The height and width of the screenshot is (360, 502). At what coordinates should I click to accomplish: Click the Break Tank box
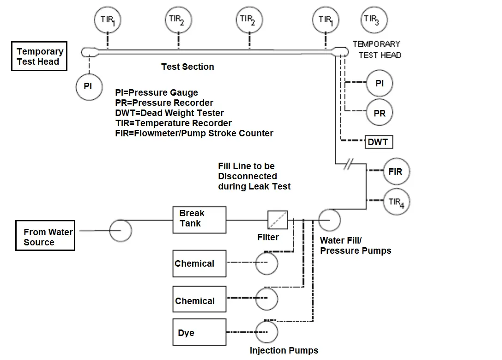(202, 220)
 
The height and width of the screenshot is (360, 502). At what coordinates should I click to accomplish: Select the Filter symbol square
(278, 220)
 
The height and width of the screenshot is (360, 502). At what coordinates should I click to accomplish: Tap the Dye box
(200, 332)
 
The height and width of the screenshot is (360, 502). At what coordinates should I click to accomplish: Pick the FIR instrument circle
(396, 171)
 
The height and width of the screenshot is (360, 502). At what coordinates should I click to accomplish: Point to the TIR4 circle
(396, 202)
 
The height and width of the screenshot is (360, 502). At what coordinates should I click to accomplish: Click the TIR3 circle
(374, 20)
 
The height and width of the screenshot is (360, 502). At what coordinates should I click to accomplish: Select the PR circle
(380, 113)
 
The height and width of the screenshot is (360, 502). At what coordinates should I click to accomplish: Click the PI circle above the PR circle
(380, 84)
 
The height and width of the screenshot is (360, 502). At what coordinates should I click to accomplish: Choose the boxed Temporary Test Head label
(40, 56)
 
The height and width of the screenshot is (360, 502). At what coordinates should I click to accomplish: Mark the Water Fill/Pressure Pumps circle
(329, 220)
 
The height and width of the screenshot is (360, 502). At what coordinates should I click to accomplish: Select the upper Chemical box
(200, 263)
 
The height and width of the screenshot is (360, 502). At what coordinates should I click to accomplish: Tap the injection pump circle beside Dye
(266, 332)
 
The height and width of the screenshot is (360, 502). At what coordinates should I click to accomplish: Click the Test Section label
(187, 67)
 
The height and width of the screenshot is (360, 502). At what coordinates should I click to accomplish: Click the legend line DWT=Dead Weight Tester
(169, 113)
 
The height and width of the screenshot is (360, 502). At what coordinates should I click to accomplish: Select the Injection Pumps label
(284, 350)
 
